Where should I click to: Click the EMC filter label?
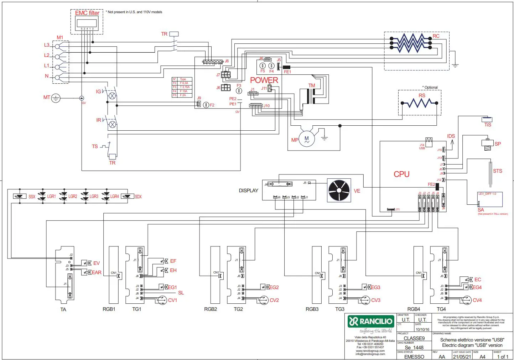click(87, 13)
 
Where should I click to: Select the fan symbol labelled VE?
click(339, 191)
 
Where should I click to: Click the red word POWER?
click(264, 80)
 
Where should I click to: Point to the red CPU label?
click(401, 174)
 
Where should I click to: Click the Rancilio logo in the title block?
click(370, 322)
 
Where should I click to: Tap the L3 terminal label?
click(47, 45)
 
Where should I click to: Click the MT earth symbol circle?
click(56, 98)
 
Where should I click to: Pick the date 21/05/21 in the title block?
click(462, 356)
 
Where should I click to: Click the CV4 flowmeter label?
click(477, 300)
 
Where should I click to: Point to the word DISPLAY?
click(248, 191)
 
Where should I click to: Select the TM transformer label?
click(312, 85)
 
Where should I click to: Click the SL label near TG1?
click(181, 293)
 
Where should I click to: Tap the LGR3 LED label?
click(94, 196)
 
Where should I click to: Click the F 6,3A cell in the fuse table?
click(184, 83)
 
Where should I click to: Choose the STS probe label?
click(497, 171)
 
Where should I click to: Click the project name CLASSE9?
click(414, 338)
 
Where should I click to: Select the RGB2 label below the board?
click(211, 309)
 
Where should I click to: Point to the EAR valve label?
click(97, 272)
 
